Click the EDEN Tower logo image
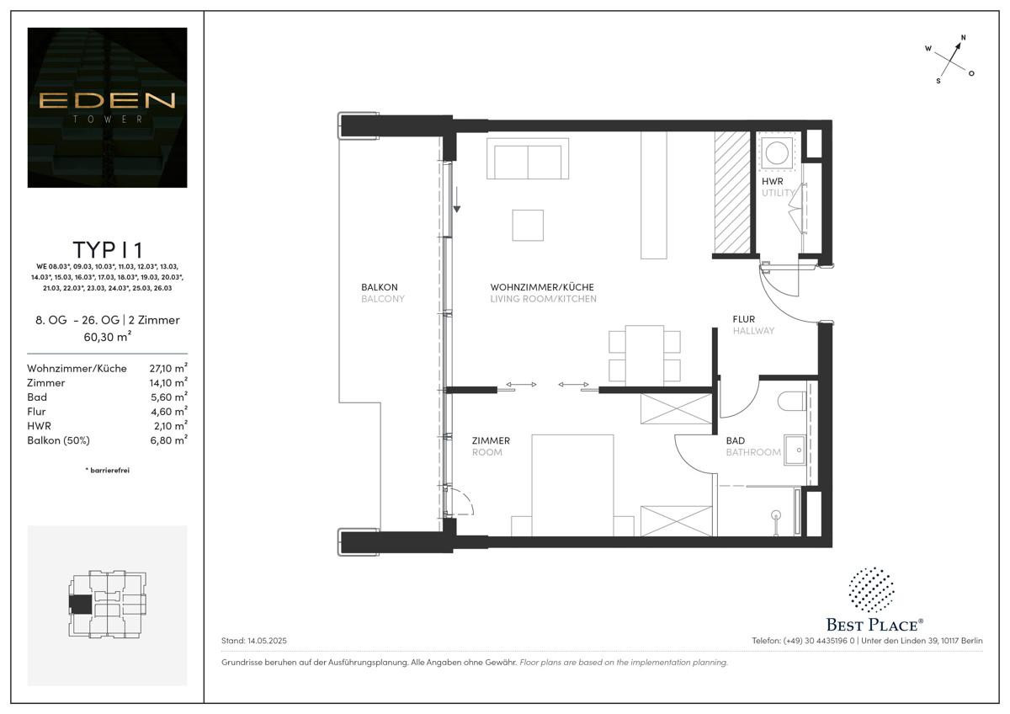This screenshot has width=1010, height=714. point(107,107)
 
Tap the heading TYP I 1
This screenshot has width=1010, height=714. point(107,250)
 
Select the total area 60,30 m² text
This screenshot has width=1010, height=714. point(107,336)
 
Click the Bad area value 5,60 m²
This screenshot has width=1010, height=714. point(167,397)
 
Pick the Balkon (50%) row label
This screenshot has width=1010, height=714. point(58,440)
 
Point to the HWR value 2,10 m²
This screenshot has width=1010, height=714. point(167,426)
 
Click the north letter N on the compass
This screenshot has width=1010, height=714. point(963,38)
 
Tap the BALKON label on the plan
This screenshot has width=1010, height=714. point(377,287)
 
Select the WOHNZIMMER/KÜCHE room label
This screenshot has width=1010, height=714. point(543,287)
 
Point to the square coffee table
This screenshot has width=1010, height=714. point(528,225)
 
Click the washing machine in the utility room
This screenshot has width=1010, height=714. point(775,152)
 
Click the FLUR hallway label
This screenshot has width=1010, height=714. point(744,319)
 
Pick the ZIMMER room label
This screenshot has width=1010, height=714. point(491,440)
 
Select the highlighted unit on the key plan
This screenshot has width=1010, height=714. point(81,604)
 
